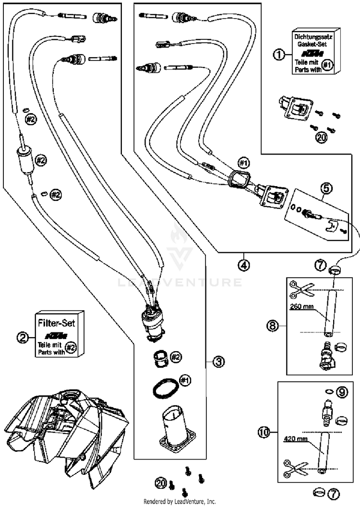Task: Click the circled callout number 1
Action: coord(278,54)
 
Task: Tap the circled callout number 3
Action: coord(219,362)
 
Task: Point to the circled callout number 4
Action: coord(244,265)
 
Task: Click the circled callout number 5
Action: coord(326,188)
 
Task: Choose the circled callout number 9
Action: coord(342,391)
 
